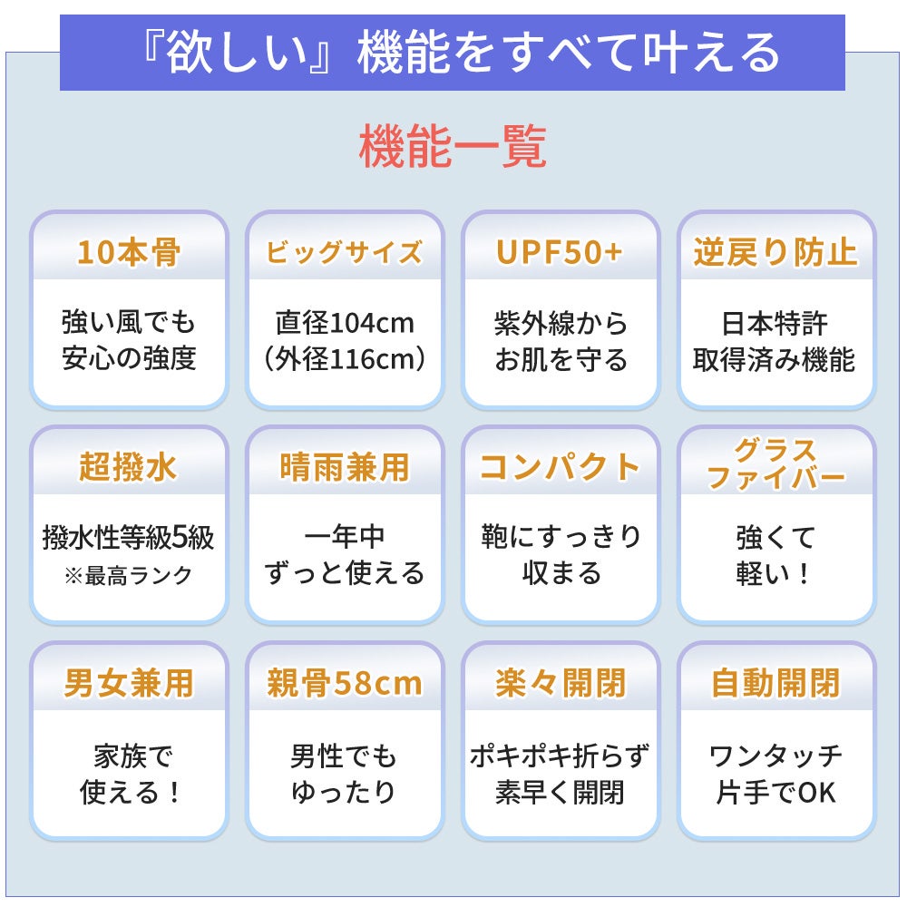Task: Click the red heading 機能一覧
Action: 453,148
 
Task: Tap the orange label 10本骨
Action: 128,252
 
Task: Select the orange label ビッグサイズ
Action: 344,252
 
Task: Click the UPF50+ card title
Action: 560,252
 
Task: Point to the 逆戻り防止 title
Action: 775,252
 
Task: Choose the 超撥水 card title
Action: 128,468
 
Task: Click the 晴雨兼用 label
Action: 344,468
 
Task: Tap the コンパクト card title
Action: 560,468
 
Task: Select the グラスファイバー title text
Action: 775,464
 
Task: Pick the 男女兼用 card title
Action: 128,683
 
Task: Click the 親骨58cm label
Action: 344,683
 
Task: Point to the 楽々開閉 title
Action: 560,683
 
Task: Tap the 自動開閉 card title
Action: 775,683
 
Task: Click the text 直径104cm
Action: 344,323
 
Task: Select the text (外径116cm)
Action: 344,359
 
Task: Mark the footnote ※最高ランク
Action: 128,575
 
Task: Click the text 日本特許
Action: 775,323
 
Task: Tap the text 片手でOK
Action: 775,792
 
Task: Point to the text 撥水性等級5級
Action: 128,538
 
